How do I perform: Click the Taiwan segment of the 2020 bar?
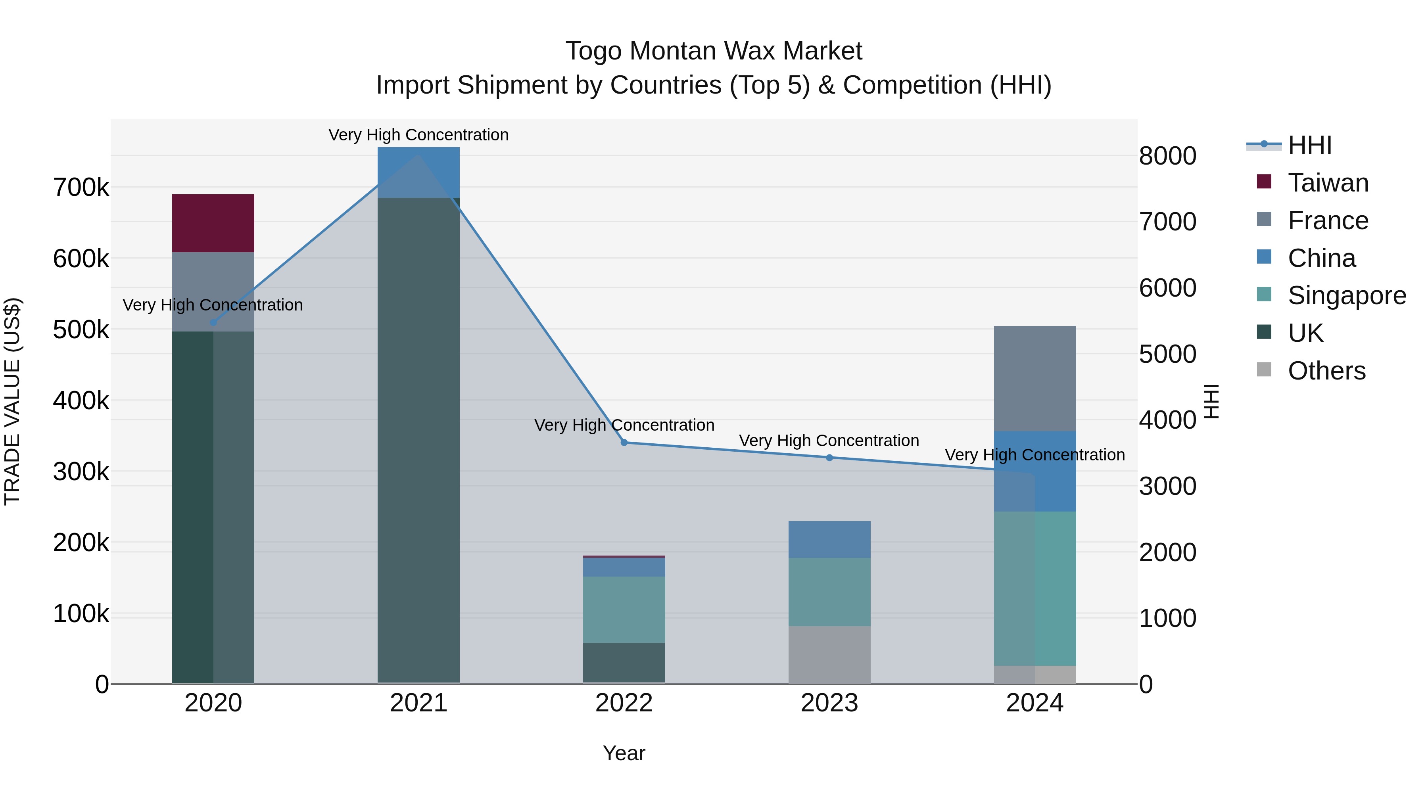coord(213,223)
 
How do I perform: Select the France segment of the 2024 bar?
coord(1035,379)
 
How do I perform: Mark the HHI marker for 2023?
coord(829,458)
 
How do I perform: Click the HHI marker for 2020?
coord(213,322)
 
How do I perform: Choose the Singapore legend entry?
coord(1347,295)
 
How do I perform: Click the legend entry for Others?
coord(1326,371)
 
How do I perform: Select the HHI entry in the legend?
coord(1309,145)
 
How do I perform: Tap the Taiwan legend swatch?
coord(1264,182)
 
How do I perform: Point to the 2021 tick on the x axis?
coord(418,703)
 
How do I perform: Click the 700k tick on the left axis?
coord(81,188)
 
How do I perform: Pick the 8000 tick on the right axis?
coord(1167,156)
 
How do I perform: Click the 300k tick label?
coord(81,472)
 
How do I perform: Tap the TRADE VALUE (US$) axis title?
coord(13,401)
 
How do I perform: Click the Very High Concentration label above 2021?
coord(418,135)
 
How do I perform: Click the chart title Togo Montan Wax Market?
coord(714,51)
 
